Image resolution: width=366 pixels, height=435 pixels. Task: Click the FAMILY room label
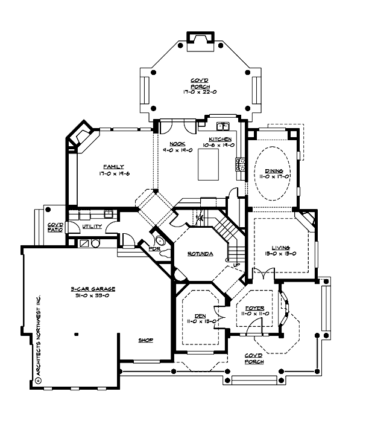(x=113, y=166)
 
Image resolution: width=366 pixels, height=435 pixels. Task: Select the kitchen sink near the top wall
(x=222, y=127)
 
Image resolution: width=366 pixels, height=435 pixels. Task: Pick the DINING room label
(x=274, y=171)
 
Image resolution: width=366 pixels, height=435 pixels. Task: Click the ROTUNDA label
(x=200, y=254)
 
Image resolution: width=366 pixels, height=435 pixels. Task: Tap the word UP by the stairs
(x=229, y=265)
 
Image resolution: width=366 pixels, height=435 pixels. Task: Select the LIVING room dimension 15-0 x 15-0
(x=281, y=254)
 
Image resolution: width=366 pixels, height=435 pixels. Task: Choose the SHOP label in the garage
(x=145, y=340)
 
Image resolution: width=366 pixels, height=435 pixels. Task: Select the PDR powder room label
(x=145, y=248)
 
